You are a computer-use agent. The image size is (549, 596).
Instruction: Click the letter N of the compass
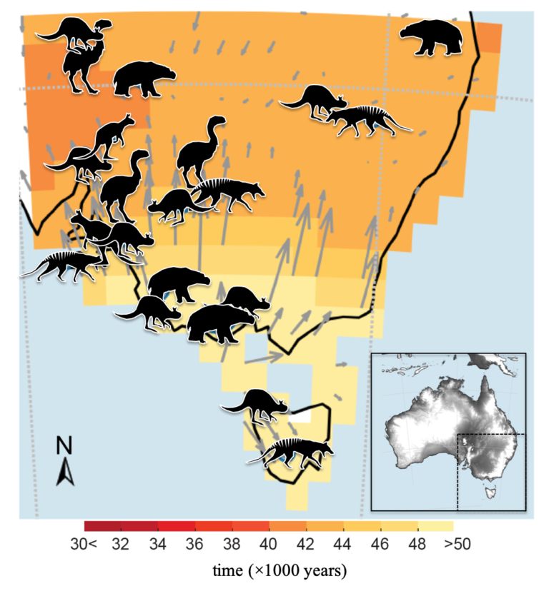coord(64,446)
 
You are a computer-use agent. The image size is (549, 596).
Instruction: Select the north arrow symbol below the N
coord(64,472)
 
